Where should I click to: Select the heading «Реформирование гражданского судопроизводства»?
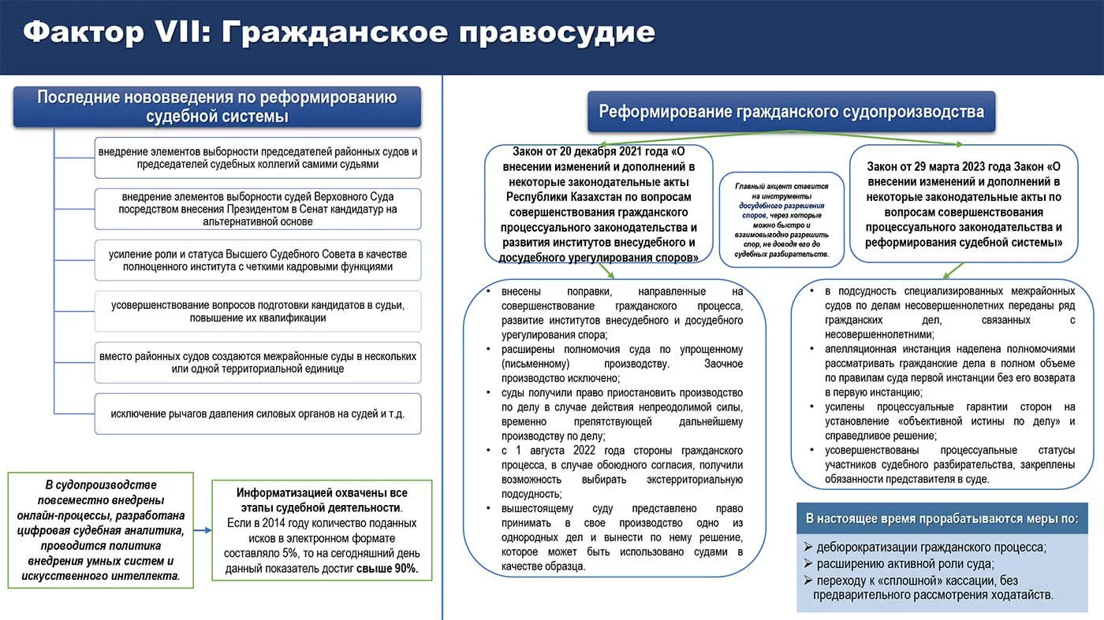(x=791, y=111)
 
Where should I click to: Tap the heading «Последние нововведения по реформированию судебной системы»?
(x=217, y=107)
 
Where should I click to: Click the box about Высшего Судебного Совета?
(x=258, y=260)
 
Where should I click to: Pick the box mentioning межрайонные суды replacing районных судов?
(x=258, y=362)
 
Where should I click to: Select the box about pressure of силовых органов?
(x=258, y=414)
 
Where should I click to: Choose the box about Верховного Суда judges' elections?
(x=258, y=209)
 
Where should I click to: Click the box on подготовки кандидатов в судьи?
(x=258, y=311)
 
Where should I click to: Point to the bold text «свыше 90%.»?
(x=388, y=568)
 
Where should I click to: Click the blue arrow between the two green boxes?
(x=203, y=530)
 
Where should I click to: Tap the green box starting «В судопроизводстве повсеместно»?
(x=100, y=530)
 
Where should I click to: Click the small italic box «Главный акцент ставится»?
(x=781, y=220)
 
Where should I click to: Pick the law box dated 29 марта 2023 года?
(x=964, y=204)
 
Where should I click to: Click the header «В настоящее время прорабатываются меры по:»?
(x=942, y=519)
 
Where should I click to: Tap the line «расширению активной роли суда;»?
(x=905, y=564)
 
